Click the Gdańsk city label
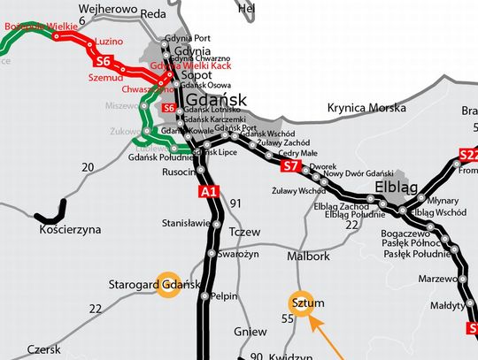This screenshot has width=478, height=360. click(216, 100)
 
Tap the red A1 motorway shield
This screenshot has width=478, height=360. click(207, 191)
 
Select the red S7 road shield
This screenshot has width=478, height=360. click(289, 165)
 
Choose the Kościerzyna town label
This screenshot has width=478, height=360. click(72, 229)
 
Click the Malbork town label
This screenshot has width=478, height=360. click(308, 256)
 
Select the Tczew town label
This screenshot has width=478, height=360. click(244, 232)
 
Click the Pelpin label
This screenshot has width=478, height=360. click(228, 297)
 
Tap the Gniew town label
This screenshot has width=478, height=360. click(251, 332)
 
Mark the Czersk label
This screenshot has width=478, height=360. click(43, 349)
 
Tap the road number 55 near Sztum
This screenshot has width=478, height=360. click(287, 318)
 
